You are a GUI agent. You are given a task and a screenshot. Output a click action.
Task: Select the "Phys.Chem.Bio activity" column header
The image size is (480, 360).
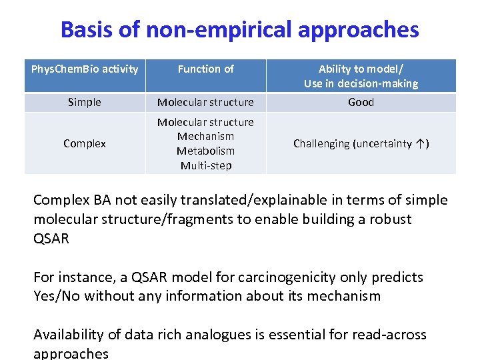pyautogui.click(x=85, y=69)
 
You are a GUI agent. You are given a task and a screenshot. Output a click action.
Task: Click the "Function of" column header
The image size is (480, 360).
pyautogui.click(x=205, y=69)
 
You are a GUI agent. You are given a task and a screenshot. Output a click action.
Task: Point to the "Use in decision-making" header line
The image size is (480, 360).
pyautogui.click(x=361, y=83)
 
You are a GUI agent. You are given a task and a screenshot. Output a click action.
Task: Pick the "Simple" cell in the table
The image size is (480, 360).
pyautogui.click(x=85, y=102)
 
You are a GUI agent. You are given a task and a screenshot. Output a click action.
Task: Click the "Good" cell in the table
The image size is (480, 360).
pyautogui.click(x=361, y=102)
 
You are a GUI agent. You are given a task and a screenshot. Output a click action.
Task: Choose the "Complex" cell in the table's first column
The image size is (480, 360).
pyautogui.click(x=85, y=143)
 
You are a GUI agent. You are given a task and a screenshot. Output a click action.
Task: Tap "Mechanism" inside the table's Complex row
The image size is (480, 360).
pyautogui.click(x=205, y=136)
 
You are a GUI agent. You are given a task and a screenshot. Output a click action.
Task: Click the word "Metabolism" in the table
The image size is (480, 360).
pyautogui.click(x=205, y=151)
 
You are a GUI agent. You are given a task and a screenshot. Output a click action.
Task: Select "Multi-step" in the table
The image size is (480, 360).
pyautogui.click(x=205, y=165)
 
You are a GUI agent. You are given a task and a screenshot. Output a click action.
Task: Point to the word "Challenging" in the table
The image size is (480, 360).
pyautogui.click(x=322, y=143)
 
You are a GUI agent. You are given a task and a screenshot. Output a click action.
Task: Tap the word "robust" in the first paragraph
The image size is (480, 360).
pyautogui.click(x=386, y=219)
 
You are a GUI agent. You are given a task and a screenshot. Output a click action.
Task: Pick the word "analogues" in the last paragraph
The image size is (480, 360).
pyautogui.click(x=217, y=335)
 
